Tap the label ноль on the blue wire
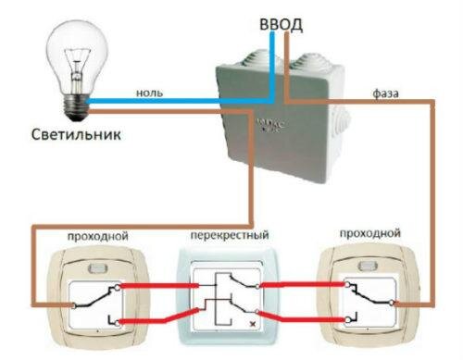point(149,93)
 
